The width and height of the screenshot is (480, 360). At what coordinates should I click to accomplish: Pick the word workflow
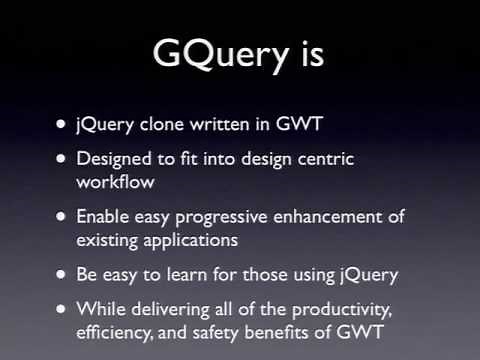[x=112, y=180]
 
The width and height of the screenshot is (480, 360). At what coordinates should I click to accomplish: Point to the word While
[x=99, y=309]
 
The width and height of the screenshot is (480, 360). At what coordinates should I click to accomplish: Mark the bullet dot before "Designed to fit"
[x=62, y=159]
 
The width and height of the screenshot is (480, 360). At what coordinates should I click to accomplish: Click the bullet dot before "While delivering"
[x=62, y=309]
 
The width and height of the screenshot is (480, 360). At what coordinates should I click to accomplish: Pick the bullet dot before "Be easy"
[x=62, y=274]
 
